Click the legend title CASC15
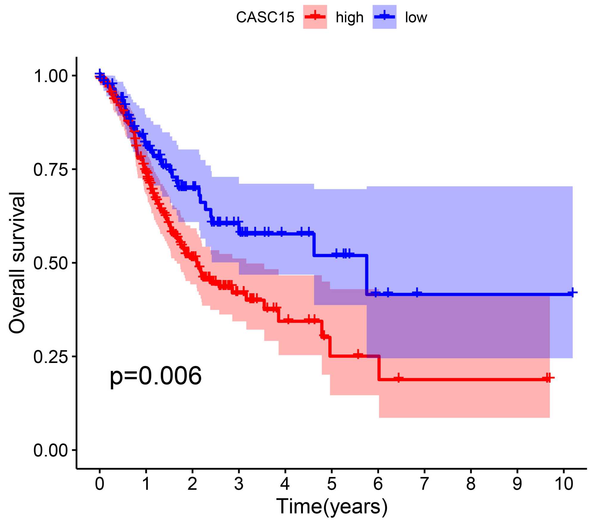click(265, 17)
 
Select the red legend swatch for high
click(315, 17)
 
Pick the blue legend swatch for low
click(384, 17)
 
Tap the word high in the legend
click(350, 18)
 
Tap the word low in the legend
click(416, 17)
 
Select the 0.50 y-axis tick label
click(51, 263)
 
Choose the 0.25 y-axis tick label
click(51, 356)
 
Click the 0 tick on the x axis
click(100, 484)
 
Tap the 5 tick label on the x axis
click(331, 484)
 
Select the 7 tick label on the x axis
click(424, 484)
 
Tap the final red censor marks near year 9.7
click(548, 378)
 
